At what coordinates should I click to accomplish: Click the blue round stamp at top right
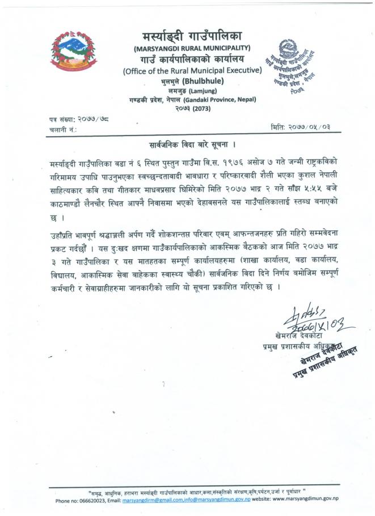pos(293,67)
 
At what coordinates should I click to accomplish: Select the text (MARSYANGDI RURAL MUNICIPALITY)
pos(192,48)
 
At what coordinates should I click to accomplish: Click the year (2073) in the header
pos(200,107)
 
